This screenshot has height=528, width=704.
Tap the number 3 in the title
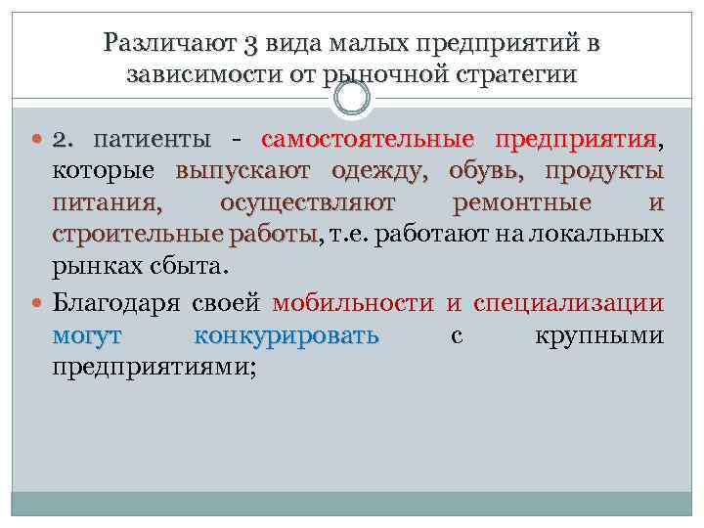pos(249,44)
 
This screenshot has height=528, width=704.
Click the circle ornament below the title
pos(352,98)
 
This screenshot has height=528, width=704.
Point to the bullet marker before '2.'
pos(39,141)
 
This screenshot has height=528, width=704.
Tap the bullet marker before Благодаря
pos(39,302)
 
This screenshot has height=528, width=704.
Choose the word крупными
pos(600,336)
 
